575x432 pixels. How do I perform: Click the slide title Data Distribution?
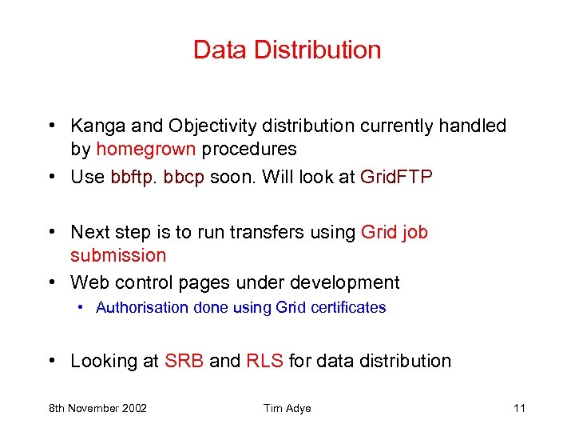pos(287,50)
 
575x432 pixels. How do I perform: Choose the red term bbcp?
pos(184,177)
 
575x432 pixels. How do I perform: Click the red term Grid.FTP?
pos(396,177)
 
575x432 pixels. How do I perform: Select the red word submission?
pos(118,255)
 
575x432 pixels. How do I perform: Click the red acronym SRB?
pos(184,361)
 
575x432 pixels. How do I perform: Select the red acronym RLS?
pos(264,361)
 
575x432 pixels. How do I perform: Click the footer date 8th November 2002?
pos(97,408)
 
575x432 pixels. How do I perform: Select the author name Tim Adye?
pos(287,408)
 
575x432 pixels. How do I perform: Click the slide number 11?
pos(519,408)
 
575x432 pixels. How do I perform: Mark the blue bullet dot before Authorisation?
pos(82,308)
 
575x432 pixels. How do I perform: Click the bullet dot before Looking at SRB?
pos(51,362)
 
